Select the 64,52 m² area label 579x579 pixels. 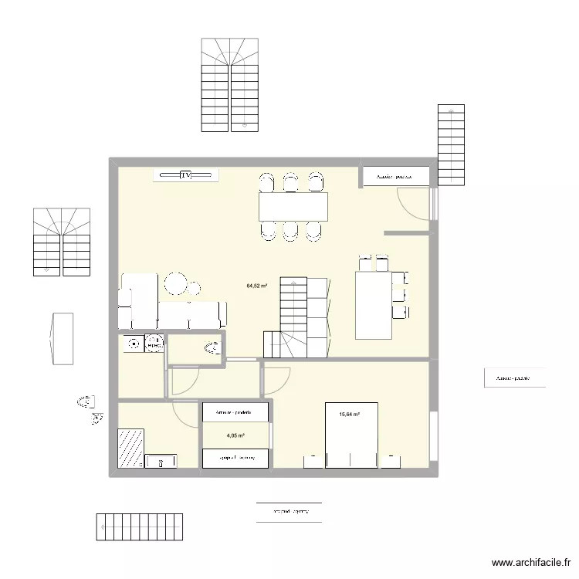tap(256, 286)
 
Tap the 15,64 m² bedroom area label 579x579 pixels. tap(350, 415)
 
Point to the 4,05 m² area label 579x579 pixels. tap(235, 435)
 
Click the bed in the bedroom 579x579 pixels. tap(351, 436)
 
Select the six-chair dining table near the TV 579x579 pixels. tap(293, 206)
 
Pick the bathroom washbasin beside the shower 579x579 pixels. tap(161, 461)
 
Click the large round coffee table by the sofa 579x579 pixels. tap(176, 283)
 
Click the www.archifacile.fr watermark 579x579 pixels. tap(530, 564)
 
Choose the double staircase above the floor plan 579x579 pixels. tap(230, 85)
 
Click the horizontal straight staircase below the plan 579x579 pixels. tap(139, 527)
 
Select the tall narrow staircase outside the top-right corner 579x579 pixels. tap(451, 145)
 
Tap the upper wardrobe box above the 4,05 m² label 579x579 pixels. tap(235, 411)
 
